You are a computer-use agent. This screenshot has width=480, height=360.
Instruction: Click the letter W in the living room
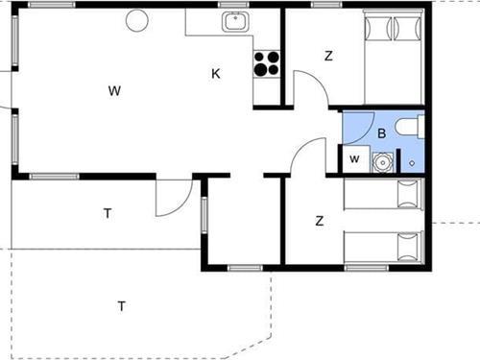pyautogui.click(x=114, y=91)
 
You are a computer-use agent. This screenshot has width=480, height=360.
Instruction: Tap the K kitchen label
pyautogui.click(x=216, y=73)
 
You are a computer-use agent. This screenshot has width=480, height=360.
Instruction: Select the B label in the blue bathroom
pyautogui.click(x=381, y=133)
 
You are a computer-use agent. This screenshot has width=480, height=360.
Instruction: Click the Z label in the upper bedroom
pyautogui.click(x=328, y=56)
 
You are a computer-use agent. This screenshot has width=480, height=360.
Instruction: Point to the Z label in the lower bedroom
pyautogui.click(x=319, y=221)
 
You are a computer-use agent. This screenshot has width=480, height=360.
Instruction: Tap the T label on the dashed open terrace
pyautogui.click(x=121, y=306)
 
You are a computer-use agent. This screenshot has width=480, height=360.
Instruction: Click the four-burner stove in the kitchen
pyautogui.click(x=266, y=62)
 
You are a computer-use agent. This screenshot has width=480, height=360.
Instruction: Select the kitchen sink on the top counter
pyautogui.click(x=234, y=21)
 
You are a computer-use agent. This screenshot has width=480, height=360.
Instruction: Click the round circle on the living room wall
pyautogui.click(x=137, y=18)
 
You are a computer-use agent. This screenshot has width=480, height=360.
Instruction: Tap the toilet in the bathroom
pyautogui.click(x=409, y=127)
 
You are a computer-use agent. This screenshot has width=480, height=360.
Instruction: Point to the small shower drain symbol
pyautogui.click(x=412, y=163)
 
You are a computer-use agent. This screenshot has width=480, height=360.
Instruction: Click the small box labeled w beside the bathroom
pyautogui.click(x=354, y=159)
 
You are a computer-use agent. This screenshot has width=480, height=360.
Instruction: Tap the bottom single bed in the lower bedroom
pyautogui.click(x=383, y=247)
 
